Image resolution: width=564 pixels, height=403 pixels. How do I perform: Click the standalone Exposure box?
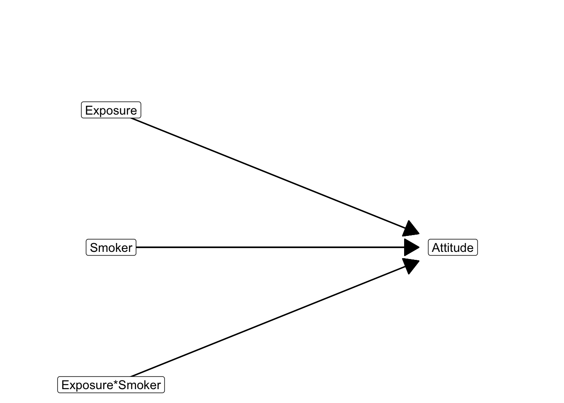(x=111, y=110)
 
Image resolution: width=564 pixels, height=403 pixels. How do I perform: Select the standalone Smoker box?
(x=111, y=247)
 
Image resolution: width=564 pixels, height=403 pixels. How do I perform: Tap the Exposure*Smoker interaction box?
(x=111, y=385)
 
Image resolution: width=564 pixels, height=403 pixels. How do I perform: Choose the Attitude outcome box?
(x=453, y=247)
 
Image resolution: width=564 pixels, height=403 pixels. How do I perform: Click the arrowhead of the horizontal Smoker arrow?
(x=412, y=247)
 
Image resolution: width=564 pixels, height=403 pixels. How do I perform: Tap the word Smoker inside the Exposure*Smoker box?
(x=139, y=385)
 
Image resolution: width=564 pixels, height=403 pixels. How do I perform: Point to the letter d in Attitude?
(x=463, y=248)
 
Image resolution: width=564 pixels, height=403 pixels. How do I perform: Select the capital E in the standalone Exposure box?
(x=89, y=110)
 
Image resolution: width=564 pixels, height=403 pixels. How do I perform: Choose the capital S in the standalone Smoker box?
(x=94, y=248)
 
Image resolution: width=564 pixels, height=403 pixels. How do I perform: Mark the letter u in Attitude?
(x=456, y=249)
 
